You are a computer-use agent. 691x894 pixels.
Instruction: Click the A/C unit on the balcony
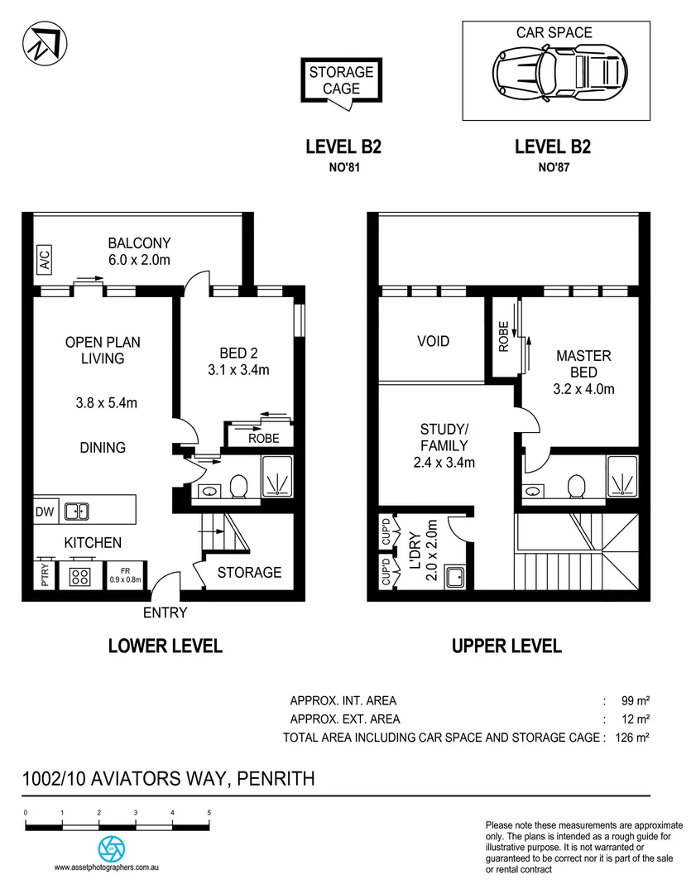pos(43,260)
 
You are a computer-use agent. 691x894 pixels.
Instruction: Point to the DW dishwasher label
pos(45,512)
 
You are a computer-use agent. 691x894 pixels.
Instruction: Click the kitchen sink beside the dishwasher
pos(77,512)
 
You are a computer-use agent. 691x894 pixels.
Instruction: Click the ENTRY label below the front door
pos(165,613)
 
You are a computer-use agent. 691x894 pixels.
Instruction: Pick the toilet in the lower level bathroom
pos(240,487)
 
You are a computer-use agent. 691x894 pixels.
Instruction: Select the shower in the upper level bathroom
pos(622,477)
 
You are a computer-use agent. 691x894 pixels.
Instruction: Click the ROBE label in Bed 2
pos(264,439)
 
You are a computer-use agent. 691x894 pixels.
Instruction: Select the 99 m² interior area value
pos(634,700)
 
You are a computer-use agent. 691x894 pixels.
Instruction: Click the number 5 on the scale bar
pos(209,814)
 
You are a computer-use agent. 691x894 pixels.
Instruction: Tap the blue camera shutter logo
pos(111,848)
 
